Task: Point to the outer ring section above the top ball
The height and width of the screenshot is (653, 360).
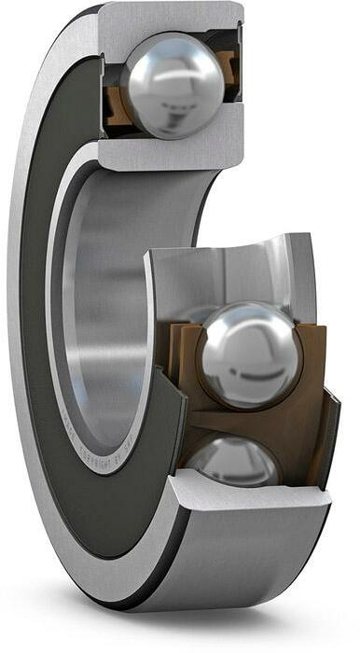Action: click(x=168, y=19)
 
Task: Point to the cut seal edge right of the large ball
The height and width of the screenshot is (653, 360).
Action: click(x=328, y=420)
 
